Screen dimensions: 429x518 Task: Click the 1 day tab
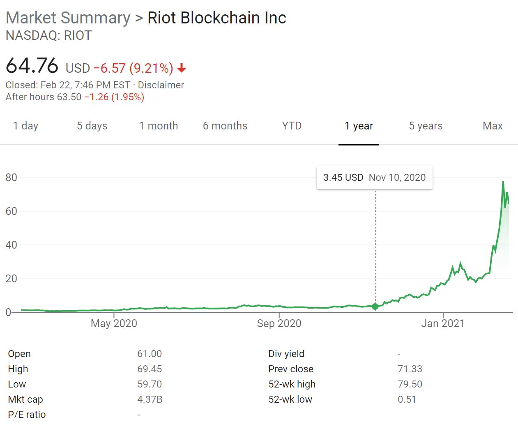click(x=25, y=126)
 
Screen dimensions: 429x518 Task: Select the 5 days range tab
click(x=92, y=126)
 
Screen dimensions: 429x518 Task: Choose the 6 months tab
click(x=225, y=126)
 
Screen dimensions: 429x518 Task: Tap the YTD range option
click(x=292, y=126)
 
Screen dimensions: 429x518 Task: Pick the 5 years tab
click(x=426, y=126)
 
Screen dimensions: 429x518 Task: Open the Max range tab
click(x=493, y=126)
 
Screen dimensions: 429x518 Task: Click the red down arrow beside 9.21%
click(x=182, y=68)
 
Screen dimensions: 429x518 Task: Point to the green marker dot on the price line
click(x=375, y=307)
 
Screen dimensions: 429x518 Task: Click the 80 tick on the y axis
click(x=12, y=178)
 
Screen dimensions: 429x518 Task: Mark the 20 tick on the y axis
click(x=12, y=279)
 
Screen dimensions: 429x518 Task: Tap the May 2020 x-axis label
click(x=114, y=323)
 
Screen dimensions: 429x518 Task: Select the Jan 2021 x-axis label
click(x=443, y=323)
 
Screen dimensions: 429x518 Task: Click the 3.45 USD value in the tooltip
click(x=343, y=178)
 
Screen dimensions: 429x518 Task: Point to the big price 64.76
click(x=32, y=66)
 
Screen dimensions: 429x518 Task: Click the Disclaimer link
click(x=161, y=85)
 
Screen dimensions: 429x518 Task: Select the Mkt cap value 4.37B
click(x=150, y=399)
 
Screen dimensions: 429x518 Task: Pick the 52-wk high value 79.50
click(x=410, y=384)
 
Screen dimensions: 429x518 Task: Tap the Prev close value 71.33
click(x=410, y=369)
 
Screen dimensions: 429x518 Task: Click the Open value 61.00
click(x=150, y=354)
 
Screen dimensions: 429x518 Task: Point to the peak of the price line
click(x=503, y=182)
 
